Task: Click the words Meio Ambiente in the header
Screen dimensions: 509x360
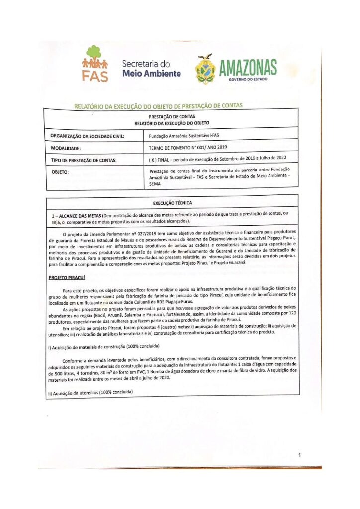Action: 151,74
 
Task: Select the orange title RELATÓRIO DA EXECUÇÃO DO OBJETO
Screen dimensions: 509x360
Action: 158,106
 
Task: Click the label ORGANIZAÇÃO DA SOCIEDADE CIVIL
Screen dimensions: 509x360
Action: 88,136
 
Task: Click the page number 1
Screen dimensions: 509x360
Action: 300,455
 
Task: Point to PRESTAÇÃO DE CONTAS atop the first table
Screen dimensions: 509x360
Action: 172,116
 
